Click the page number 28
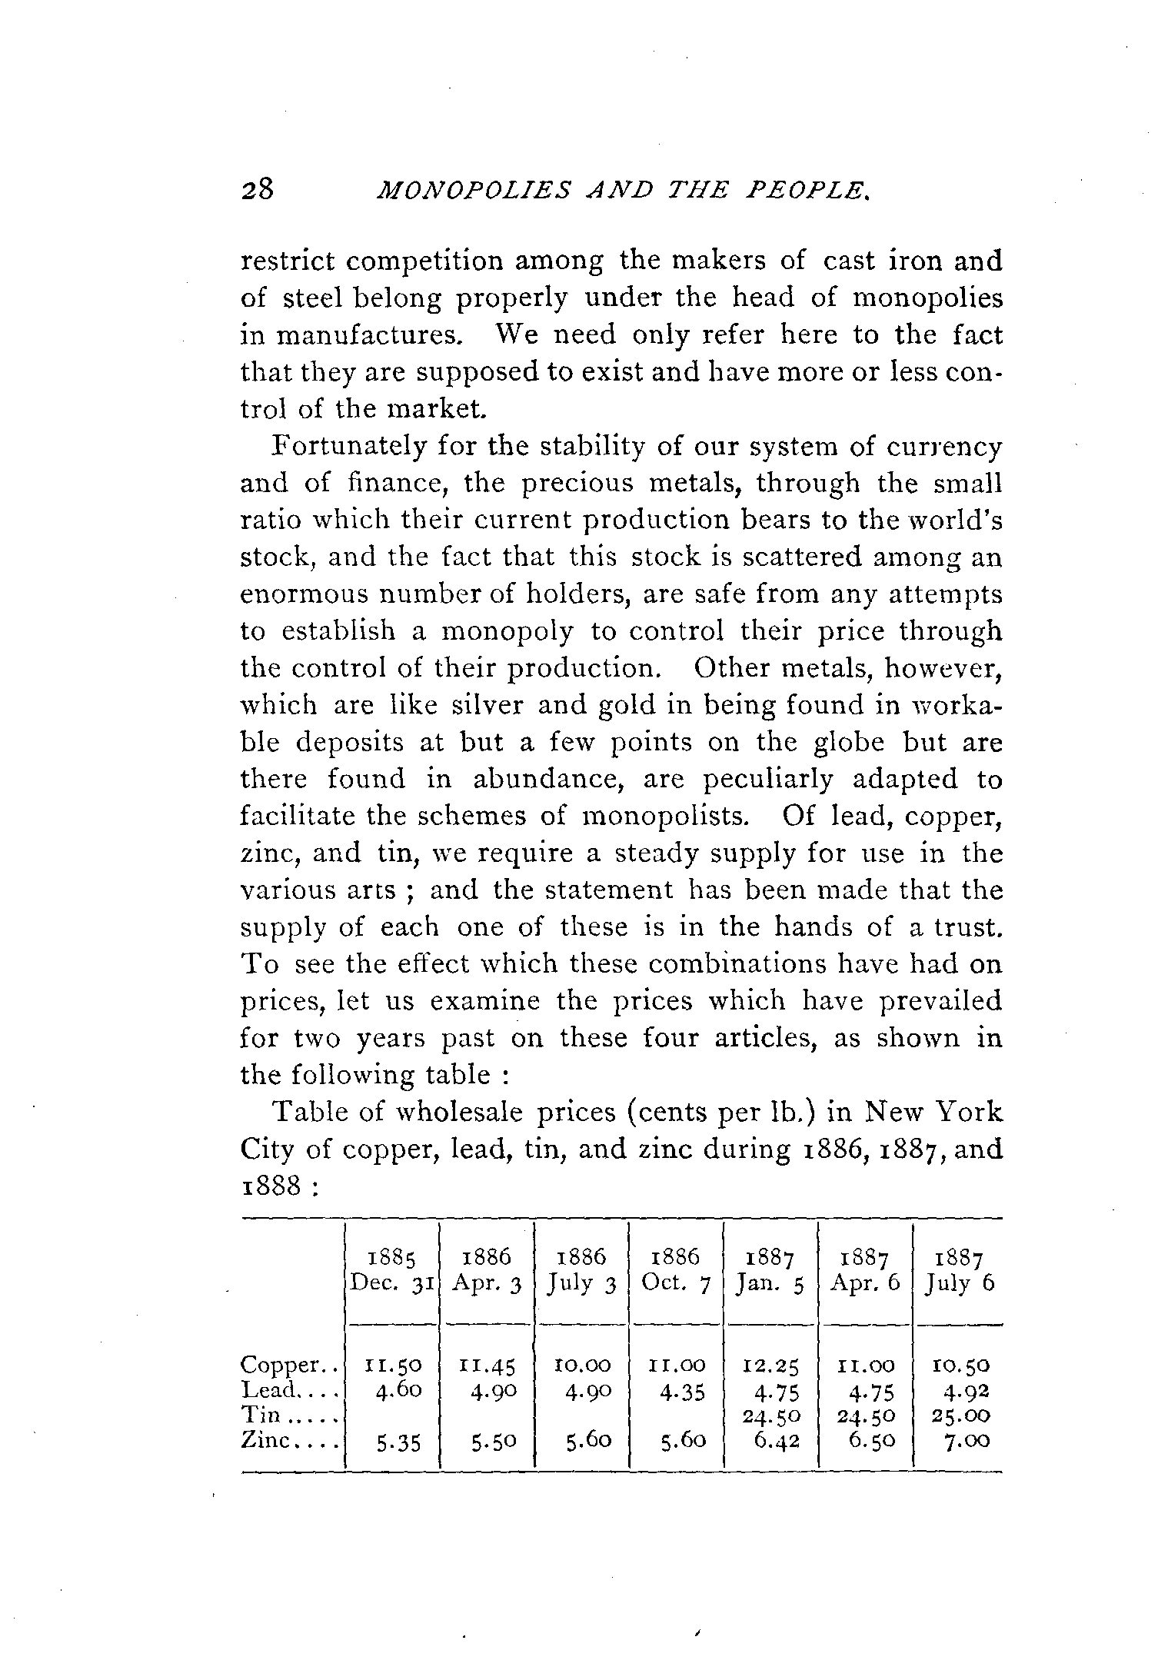(257, 189)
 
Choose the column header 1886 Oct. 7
(676, 1271)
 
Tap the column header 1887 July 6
(960, 1271)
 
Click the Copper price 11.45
(487, 1366)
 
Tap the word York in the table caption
(972, 1113)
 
